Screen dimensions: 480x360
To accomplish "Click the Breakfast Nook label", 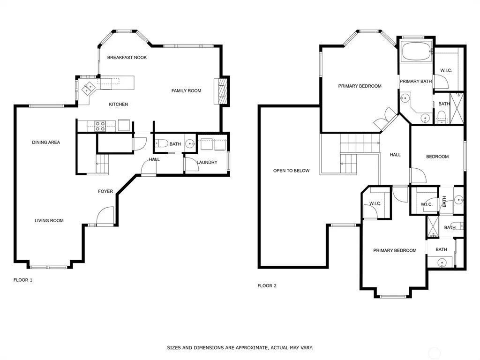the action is pos(127,57).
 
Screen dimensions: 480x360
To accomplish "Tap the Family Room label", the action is pos(186,90).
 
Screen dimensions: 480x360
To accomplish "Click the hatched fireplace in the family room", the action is pos(222,91).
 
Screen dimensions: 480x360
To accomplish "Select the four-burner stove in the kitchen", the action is pos(100,126).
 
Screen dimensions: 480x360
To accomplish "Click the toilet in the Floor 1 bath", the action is pos(161,143).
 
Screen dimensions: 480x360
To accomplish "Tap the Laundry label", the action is pos(207,162).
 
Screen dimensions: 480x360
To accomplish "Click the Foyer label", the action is pos(105,191).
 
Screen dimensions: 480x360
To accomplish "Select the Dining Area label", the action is pos(46,142).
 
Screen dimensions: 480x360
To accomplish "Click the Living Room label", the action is pos(49,220).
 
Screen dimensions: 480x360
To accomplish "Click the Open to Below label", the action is pos(291,171).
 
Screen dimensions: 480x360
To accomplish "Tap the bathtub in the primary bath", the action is pos(416,52).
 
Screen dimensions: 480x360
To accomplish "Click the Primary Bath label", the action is pos(416,82).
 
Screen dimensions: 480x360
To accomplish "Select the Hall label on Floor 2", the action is pos(395,155).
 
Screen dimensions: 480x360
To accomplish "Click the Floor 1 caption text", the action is pos(22,280).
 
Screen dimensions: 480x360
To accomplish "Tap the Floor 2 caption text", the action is pos(267,285).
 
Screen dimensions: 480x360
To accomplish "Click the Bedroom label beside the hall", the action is pos(437,157).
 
